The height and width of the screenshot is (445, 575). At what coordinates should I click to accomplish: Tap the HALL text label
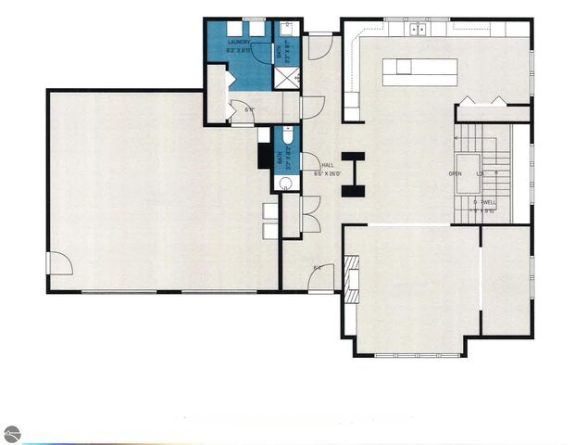click(327, 165)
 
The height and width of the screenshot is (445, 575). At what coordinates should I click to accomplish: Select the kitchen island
click(420, 71)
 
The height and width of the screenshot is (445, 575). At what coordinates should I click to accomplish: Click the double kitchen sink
click(417, 29)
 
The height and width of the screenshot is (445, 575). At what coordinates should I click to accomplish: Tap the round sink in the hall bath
click(285, 182)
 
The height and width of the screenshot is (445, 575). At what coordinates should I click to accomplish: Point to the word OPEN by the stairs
click(456, 174)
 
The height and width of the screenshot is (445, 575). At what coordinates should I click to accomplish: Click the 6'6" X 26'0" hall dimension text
click(328, 173)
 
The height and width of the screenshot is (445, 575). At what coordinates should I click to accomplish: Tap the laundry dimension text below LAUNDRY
click(239, 51)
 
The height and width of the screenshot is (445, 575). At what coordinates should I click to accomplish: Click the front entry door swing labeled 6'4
click(320, 277)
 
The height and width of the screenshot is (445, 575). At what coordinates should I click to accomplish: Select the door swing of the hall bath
click(309, 161)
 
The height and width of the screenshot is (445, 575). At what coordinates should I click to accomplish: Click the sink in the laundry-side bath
click(286, 28)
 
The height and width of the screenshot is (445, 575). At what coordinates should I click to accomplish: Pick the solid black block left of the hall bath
click(264, 157)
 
